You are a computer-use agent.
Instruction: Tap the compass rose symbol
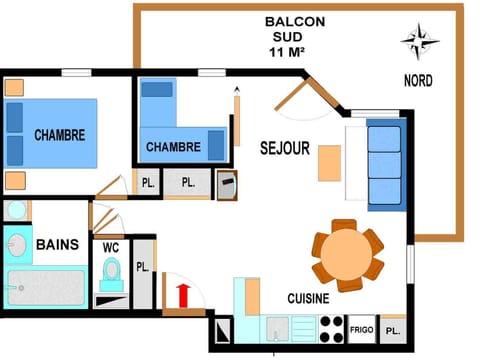click(420, 42)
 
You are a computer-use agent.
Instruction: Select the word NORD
click(419, 81)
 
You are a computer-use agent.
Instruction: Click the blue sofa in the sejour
click(385, 164)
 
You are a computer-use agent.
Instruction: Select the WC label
click(110, 246)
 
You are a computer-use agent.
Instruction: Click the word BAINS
click(57, 244)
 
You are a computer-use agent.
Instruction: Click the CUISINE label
click(309, 297)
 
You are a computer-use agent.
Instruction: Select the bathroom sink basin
click(17, 243)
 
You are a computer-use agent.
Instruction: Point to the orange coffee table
click(329, 163)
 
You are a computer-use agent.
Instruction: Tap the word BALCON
click(287, 21)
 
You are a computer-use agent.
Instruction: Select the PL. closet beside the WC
click(143, 268)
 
